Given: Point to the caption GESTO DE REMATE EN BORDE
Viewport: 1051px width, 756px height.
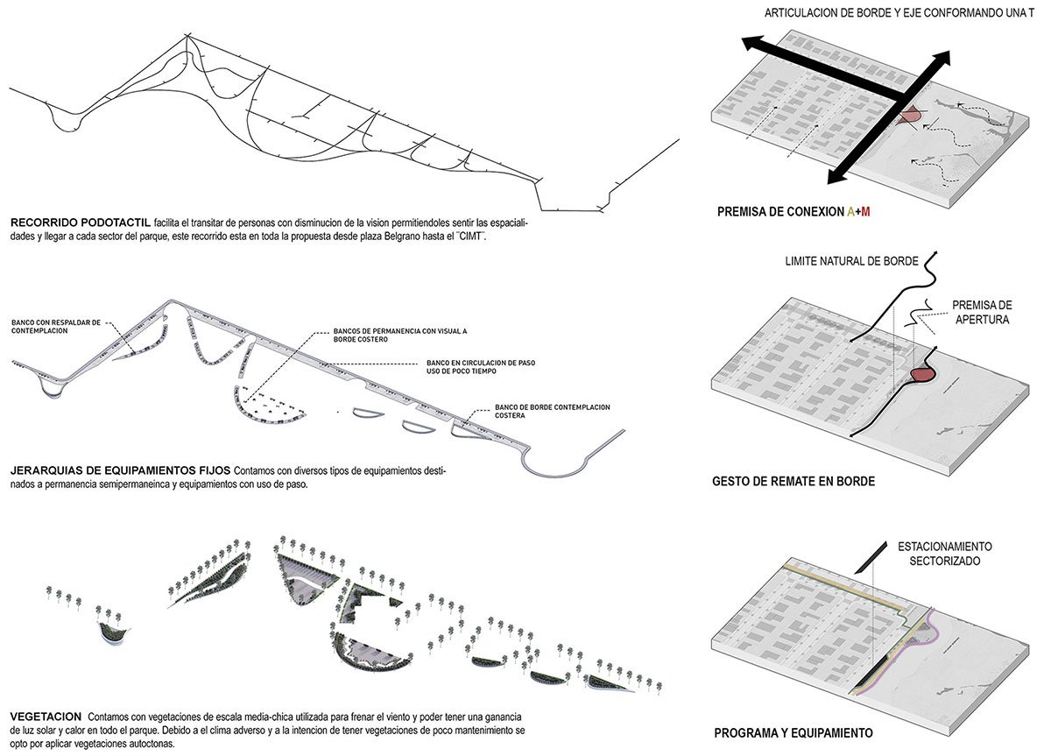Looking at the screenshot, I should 793,481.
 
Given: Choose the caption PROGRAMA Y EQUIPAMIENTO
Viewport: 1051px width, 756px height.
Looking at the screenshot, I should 793,732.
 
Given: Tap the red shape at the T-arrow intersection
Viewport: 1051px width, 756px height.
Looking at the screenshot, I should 910,115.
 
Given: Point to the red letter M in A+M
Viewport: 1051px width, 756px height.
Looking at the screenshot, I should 865,211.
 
